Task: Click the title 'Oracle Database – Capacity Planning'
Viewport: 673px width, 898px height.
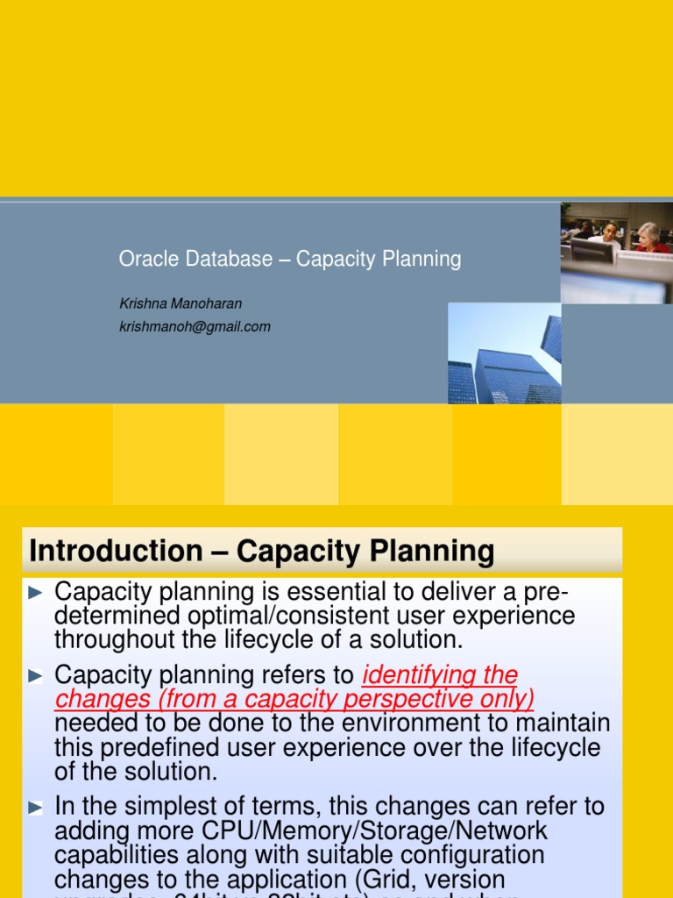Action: click(x=290, y=260)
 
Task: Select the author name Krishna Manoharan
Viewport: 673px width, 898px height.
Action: click(x=181, y=303)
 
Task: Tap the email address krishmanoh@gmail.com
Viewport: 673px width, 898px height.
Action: click(x=195, y=326)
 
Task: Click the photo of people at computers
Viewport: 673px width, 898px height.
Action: click(x=616, y=253)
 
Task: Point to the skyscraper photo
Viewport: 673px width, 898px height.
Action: click(x=505, y=353)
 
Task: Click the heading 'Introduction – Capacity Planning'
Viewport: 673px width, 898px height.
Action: click(x=262, y=552)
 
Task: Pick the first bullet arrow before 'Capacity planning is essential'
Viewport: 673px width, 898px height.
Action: click(x=35, y=593)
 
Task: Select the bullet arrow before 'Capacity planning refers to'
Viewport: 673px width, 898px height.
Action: click(x=35, y=676)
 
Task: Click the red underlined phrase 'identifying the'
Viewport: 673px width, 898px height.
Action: click(x=440, y=675)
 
